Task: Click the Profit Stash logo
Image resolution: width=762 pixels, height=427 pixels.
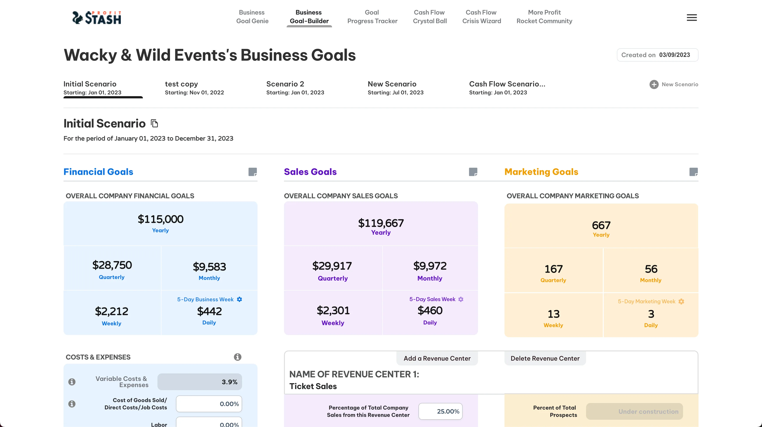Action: (97, 17)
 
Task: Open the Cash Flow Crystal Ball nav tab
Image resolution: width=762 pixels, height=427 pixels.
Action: (430, 17)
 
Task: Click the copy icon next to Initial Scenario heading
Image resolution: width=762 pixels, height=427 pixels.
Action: (154, 123)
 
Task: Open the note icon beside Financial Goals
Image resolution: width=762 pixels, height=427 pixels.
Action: (252, 172)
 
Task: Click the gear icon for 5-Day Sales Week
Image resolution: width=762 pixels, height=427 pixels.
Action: (461, 299)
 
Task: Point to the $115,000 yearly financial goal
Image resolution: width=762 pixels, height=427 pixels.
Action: (160, 219)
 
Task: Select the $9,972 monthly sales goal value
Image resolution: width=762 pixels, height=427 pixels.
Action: (430, 266)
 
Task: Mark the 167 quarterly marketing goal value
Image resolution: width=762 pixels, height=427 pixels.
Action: (553, 269)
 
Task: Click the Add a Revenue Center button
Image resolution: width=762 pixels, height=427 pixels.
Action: (437, 358)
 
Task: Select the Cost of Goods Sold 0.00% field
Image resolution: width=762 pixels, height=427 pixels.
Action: (209, 404)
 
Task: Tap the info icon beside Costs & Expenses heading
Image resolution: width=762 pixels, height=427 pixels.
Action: (237, 357)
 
